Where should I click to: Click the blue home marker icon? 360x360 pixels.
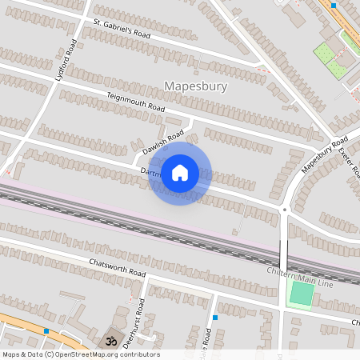point(180,173)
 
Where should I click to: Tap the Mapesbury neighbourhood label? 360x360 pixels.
point(195,86)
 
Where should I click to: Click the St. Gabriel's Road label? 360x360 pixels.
point(122,29)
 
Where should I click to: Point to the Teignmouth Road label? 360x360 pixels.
point(136,102)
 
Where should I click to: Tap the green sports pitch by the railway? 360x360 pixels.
point(301,293)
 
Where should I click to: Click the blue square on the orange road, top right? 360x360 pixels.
point(334,6)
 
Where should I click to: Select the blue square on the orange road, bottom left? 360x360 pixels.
point(46,330)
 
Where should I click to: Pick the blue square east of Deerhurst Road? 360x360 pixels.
point(215,317)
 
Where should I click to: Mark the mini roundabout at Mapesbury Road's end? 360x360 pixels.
point(284,210)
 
